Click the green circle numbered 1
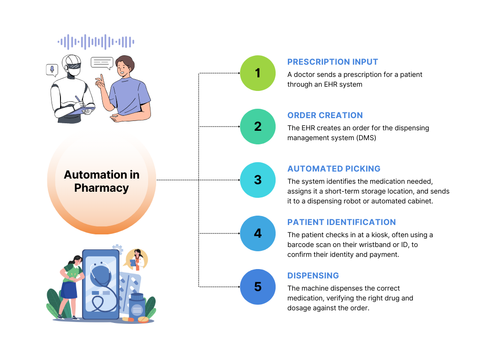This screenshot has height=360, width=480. pos(258,73)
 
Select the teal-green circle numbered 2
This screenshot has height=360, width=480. pos(258,127)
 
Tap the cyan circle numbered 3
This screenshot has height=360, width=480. pos(258,180)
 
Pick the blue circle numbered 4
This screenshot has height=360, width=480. pos(258,233)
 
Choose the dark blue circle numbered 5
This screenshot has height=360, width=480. pos(258,287)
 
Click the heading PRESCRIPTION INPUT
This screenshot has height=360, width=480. pos(332,62)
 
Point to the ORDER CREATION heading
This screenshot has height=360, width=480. pos(325,115)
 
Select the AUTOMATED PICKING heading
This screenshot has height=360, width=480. pos(334,169)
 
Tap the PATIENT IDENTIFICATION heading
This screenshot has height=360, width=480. pos(341,222)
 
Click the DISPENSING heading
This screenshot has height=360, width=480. pos(313,276)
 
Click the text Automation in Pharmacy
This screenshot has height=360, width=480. pos(102,181)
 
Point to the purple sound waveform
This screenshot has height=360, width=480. pos(96,42)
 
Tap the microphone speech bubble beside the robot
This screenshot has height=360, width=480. pos(52,70)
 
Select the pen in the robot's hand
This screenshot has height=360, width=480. pos(78,100)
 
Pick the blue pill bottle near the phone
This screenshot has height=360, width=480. pos(136,307)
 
